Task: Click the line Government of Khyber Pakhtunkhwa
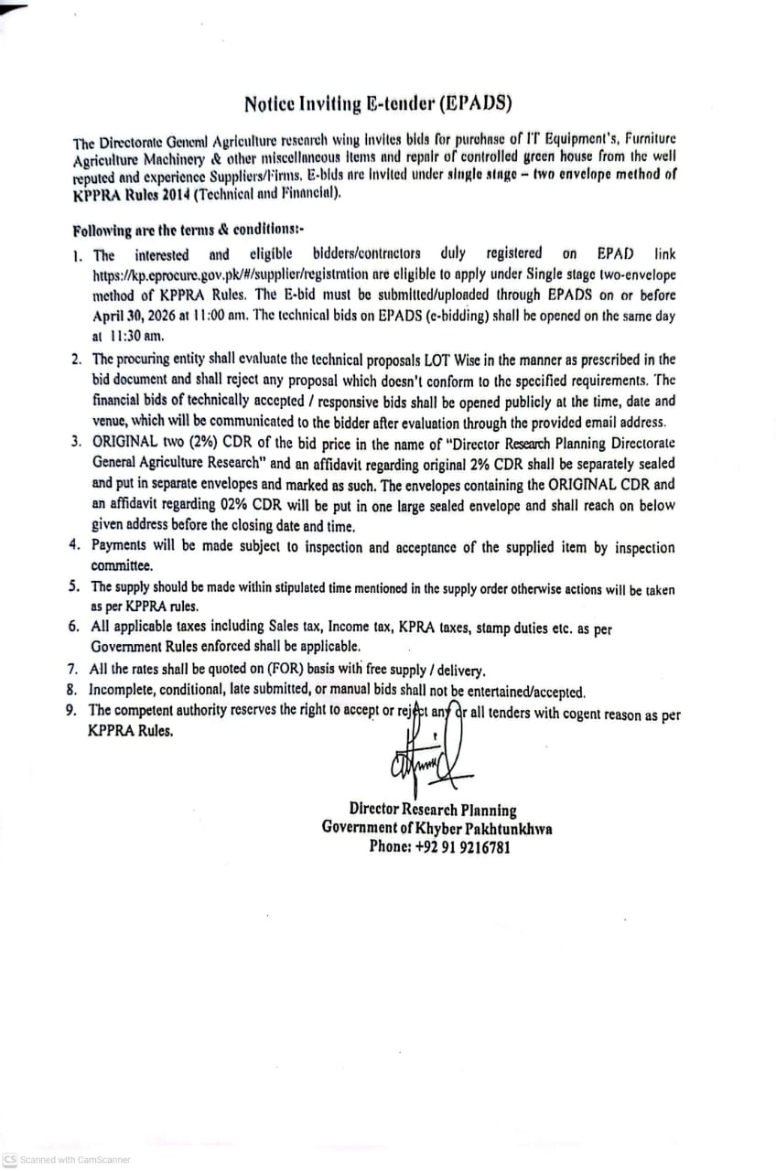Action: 436,828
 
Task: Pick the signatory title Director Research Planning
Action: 433,810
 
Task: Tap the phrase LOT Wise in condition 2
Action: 499,360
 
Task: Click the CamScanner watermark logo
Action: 10,1159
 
